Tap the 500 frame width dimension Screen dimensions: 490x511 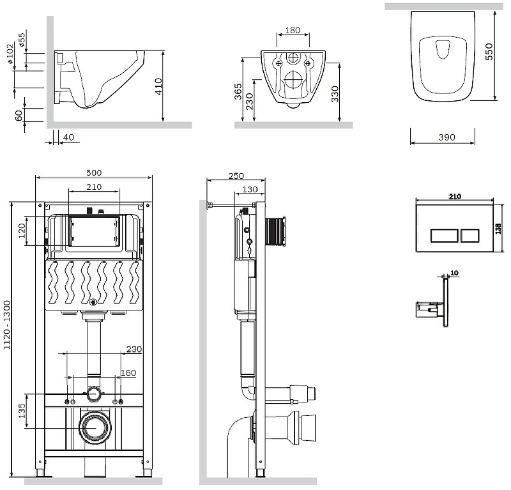click(94, 173)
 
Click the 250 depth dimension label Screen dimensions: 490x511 click(236, 176)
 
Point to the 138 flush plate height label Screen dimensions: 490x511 click(498, 228)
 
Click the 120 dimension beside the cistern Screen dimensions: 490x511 click(22, 229)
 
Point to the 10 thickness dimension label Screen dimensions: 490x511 click(454, 272)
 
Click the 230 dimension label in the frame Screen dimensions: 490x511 click(133, 349)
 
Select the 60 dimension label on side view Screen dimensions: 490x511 click(19, 116)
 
